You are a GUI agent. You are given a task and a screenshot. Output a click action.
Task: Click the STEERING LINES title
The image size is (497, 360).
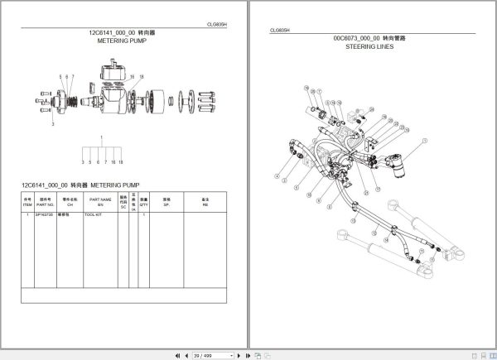pyautogui.click(x=369, y=47)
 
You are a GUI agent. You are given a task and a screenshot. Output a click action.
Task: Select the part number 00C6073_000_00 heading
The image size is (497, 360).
pyautogui.click(x=369, y=39)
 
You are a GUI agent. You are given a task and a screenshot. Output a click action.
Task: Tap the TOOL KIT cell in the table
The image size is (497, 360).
pyautogui.click(x=93, y=215)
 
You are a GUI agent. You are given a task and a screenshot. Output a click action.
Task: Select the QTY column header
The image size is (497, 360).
pyautogui.click(x=143, y=202)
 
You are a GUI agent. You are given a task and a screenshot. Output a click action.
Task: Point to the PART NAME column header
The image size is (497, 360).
pyautogui.click(x=100, y=202)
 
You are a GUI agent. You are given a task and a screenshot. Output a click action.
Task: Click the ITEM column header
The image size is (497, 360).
pyautogui.click(x=27, y=202)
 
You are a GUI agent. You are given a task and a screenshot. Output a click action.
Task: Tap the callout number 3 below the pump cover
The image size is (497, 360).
pyautogui.click(x=53, y=123)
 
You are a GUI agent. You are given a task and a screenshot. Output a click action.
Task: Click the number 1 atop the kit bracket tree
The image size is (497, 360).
pyautogui.click(x=102, y=137)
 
